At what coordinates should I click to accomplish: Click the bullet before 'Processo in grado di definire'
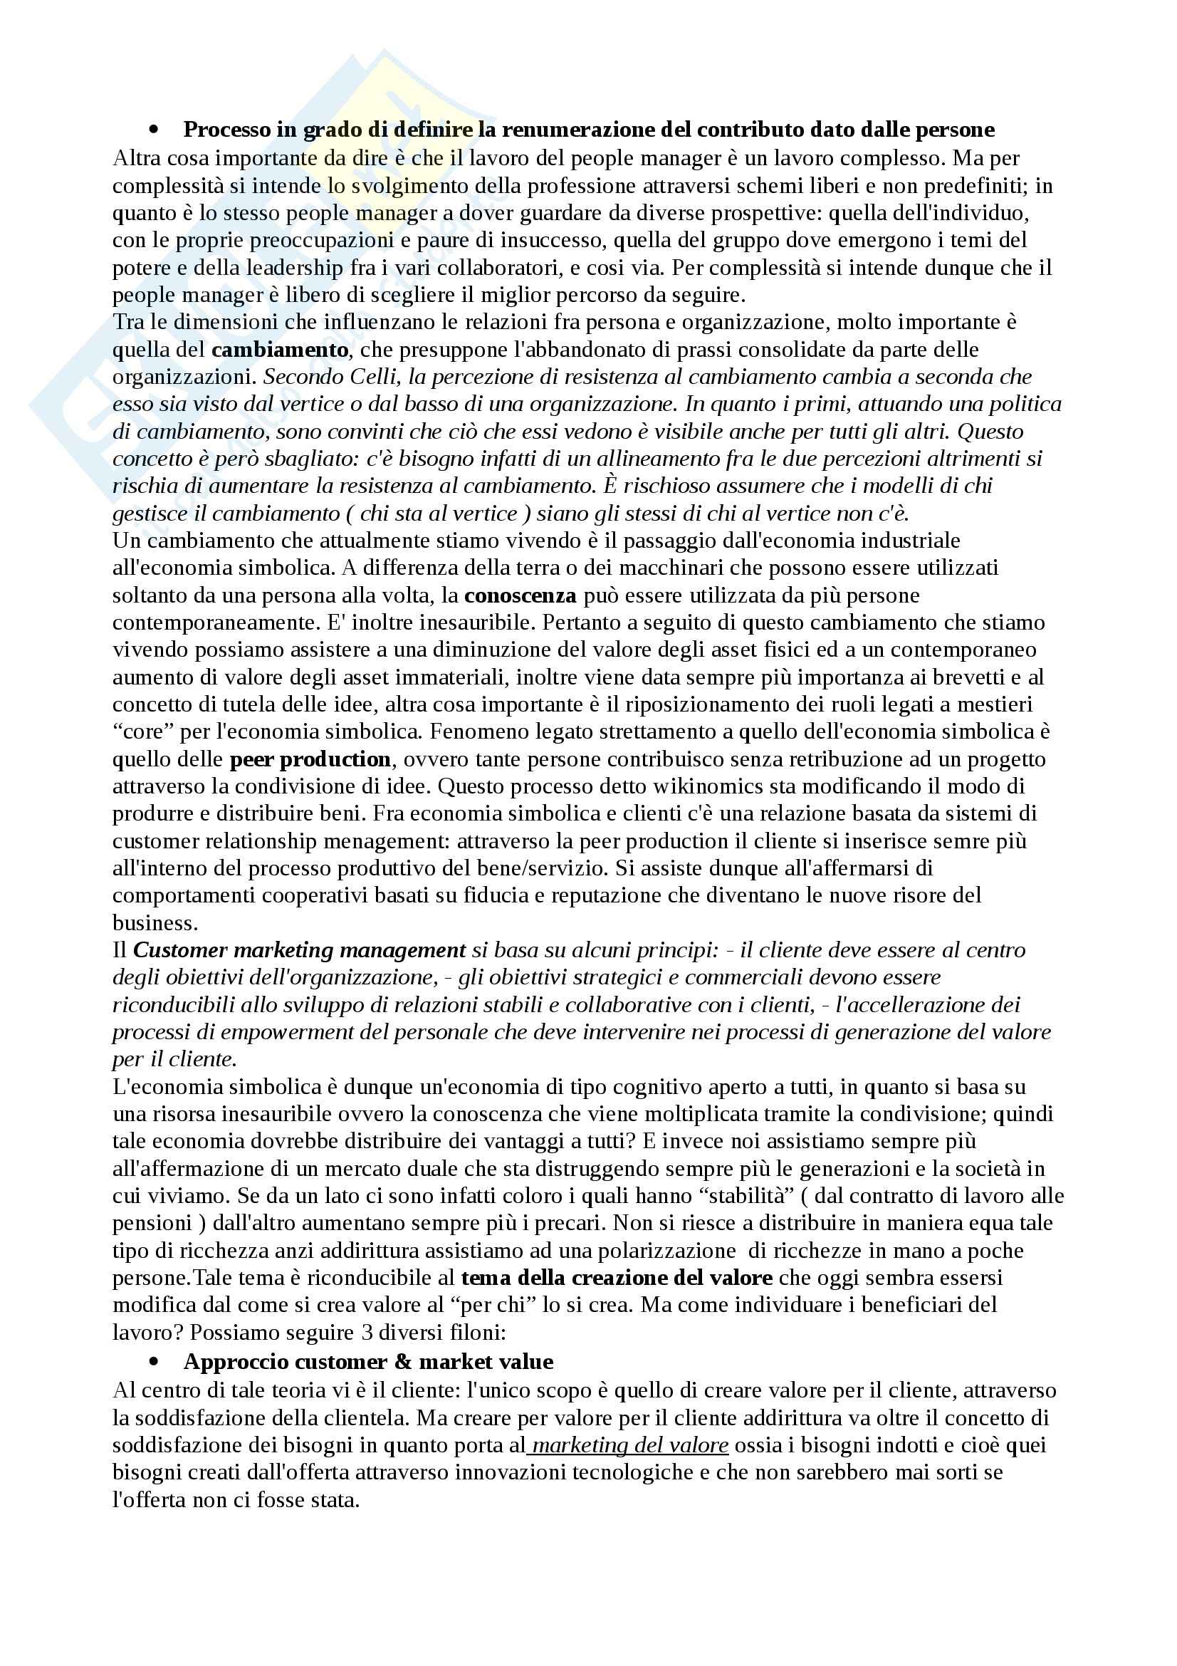point(154,130)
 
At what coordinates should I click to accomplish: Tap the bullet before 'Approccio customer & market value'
point(154,1362)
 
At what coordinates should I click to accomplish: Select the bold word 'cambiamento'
point(280,350)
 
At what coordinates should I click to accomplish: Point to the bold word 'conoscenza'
point(520,595)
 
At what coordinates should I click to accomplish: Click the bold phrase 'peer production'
point(310,760)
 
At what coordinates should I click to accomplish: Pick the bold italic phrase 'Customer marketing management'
point(300,951)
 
